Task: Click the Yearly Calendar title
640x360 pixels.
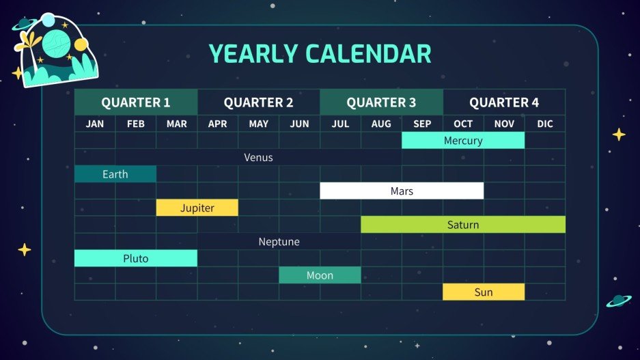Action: pos(320,53)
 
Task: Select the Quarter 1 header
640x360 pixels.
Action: pos(135,102)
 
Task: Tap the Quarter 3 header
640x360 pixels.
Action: pos(381,102)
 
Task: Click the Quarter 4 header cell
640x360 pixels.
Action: pos(504,102)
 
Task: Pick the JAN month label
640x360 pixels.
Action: pos(95,124)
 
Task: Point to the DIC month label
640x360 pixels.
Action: pos(545,124)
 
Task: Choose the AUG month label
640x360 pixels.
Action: pos(381,124)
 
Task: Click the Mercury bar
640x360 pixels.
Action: pos(463,141)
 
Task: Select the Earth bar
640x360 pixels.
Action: pos(115,174)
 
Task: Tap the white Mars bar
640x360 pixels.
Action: pos(402,191)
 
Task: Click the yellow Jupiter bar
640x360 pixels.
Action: pos(197,208)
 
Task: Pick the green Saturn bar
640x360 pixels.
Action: pos(463,225)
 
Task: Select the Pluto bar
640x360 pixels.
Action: pos(135,258)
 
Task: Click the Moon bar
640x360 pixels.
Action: pos(320,275)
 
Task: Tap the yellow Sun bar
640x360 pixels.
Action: pos(484,292)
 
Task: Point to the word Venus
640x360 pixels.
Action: pos(258,157)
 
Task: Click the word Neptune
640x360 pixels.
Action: pos(279,242)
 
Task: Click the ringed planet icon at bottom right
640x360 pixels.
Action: pos(619,300)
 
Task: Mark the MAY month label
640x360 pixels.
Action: pos(258,124)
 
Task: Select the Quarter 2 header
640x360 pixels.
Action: pos(258,102)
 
